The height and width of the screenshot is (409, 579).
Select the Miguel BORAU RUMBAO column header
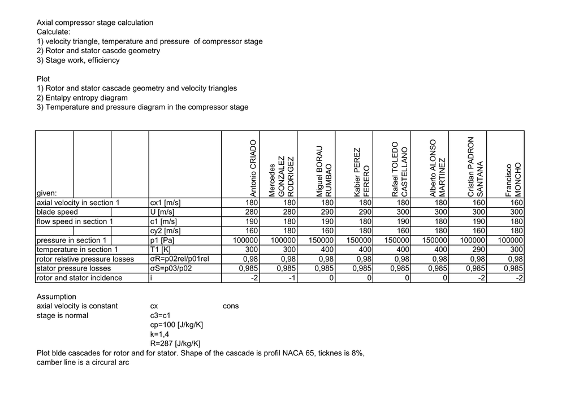pos(323,171)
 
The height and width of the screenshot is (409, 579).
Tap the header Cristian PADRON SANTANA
pos(475,167)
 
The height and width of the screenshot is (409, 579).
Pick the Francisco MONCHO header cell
pos(514,180)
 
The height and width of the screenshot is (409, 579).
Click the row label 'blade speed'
pos(57,212)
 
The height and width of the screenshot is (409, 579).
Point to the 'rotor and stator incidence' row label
pos(79,278)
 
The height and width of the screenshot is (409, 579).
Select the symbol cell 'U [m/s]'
pos(162,212)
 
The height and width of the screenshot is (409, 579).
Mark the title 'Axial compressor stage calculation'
pos(95,23)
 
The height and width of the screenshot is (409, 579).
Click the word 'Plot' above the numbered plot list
pos(44,79)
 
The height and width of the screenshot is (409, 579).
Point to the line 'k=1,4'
pos(161,334)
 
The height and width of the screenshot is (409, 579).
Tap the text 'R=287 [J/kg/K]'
pos(175,343)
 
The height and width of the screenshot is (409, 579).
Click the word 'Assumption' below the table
pos(57,297)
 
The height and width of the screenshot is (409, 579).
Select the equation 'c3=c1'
pos(161,315)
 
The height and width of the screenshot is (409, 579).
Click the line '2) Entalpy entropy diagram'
pos(82,98)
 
